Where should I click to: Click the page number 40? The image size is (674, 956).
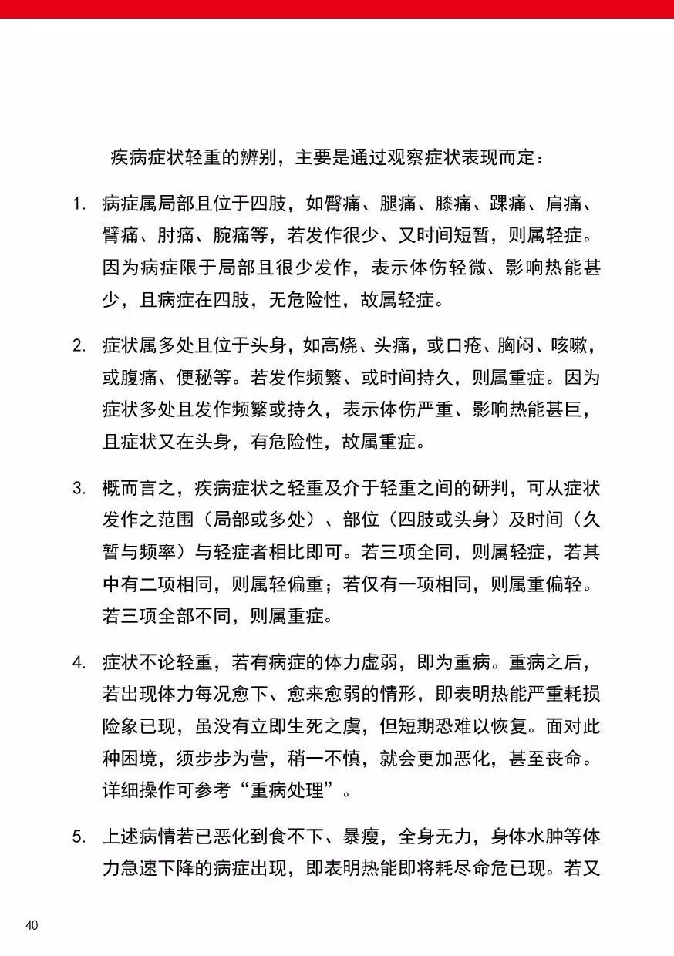(x=32, y=925)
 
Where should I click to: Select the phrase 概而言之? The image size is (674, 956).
(x=131, y=488)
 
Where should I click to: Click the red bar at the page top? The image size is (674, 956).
(x=337, y=8)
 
